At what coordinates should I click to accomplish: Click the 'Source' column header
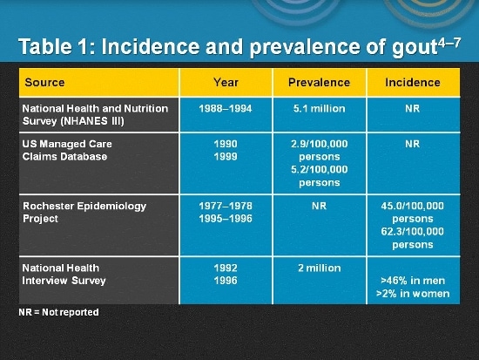(x=44, y=83)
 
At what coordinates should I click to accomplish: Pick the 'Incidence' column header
(x=413, y=83)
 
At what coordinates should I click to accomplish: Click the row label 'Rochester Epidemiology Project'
(x=84, y=213)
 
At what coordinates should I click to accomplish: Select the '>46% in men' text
(x=413, y=282)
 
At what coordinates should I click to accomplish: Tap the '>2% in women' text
(x=413, y=294)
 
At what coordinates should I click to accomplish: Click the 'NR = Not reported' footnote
(x=58, y=312)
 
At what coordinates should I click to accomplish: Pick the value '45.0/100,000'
(x=413, y=207)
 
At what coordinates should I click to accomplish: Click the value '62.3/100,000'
(x=413, y=232)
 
